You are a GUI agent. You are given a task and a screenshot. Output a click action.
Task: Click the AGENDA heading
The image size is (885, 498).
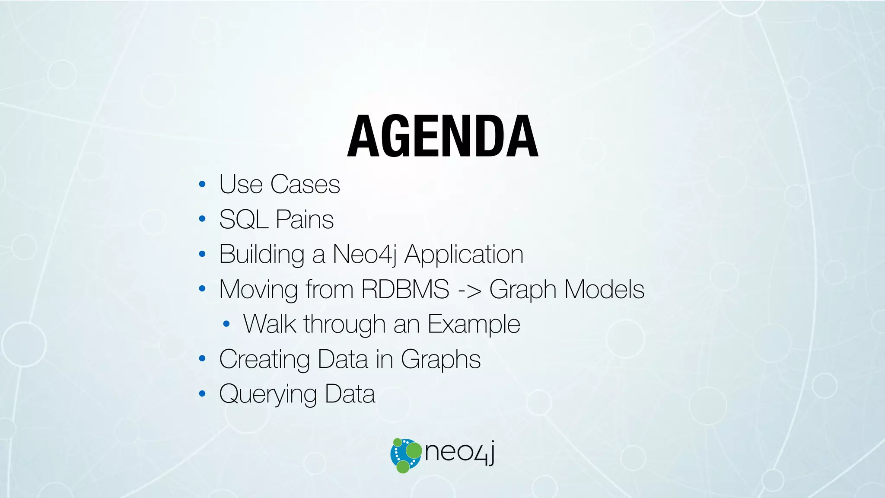click(x=442, y=137)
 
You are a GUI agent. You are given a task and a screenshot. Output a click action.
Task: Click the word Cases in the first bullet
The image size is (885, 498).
click(x=305, y=184)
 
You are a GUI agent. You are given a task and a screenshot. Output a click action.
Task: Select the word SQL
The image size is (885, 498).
click(x=244, y=219)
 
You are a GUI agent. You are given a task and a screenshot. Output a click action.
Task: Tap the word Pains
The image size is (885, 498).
click(x=305, y=219)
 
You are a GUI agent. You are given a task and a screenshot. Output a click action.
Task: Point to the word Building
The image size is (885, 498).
click(x=262, y=254)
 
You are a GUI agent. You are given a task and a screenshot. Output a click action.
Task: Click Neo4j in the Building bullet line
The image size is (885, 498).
click(x=364, y=254)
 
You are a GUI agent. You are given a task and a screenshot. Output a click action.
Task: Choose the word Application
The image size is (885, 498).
click(x=464, y=254)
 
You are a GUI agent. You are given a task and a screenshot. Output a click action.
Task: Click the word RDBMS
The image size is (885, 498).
click(x=405, y=289)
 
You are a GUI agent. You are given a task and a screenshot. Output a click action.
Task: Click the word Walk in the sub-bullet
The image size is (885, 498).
click(x=270, y=324)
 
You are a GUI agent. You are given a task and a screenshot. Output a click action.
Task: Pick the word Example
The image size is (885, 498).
click(x=474, y=324)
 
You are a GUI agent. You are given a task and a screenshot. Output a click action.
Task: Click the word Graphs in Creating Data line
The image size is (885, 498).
click(x=440, y=359)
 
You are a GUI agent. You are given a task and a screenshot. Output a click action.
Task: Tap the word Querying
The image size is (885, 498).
click(x=268, y=394)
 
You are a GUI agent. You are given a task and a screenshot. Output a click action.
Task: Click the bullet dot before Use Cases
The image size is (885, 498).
click(x=202, y=185)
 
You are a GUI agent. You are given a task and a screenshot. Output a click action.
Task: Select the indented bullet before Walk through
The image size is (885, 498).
click(x=226, y=324)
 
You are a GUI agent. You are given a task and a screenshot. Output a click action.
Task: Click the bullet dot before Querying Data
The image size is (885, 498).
click(x=202, y=394)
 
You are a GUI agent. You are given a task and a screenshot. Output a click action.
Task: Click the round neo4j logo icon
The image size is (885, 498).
click(x=406, y=455)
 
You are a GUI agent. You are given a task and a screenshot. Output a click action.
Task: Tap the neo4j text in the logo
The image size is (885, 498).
click(x=459, y=453)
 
